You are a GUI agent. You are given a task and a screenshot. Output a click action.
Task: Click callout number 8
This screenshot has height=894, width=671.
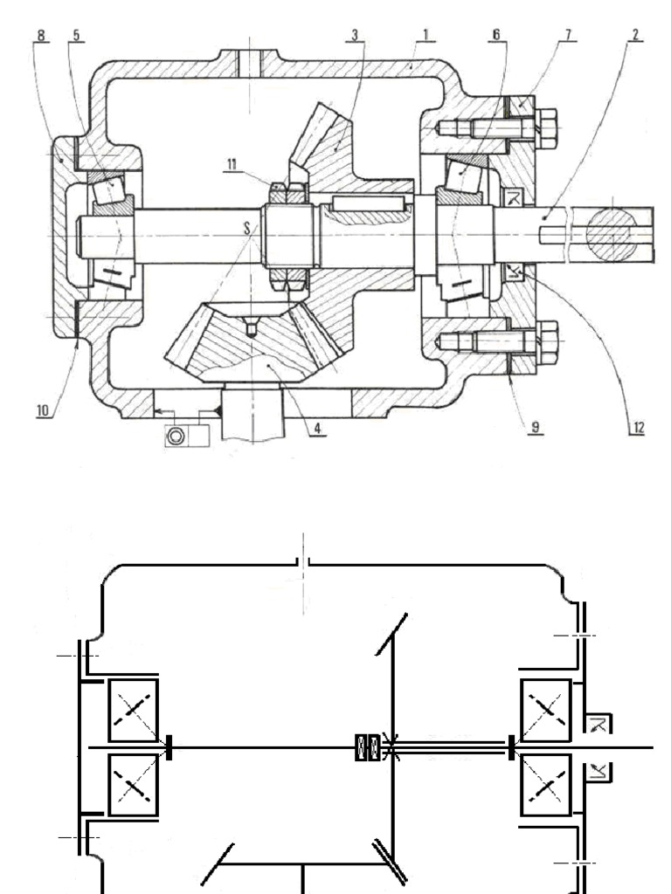42,36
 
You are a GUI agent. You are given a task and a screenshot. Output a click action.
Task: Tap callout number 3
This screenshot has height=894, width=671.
355,36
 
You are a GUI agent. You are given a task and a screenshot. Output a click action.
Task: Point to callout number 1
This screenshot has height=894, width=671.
425,36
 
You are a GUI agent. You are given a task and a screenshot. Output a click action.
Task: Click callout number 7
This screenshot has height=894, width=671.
568,35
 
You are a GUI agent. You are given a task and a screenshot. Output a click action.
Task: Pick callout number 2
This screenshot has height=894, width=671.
635,35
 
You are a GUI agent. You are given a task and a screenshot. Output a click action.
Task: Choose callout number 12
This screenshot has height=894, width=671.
638,428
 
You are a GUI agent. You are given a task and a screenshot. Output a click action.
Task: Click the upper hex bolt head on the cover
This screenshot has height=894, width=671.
547,127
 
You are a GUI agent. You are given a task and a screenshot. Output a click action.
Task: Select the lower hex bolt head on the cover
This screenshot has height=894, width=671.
548,343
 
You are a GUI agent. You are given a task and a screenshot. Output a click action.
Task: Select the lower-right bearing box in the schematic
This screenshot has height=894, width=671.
546,787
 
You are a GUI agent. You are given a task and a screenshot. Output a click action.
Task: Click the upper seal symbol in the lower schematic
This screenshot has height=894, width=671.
598,723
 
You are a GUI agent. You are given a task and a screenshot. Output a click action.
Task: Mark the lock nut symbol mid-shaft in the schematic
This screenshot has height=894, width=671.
368,748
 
